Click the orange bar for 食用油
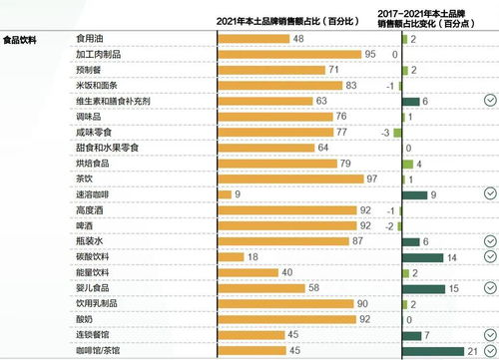coord(252,39)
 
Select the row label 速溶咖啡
coord(94,194)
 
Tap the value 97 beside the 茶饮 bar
coord(372,179)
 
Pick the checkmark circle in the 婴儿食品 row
coord(489,288)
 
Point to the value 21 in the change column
coord(473,350)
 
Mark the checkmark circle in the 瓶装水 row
coord(489,241)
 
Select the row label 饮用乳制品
coord(98,303)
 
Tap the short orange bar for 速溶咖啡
coord(224,194)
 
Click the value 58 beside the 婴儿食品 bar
coord(312,287)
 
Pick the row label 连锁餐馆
coord(94,334)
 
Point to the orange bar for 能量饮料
coord(248,272)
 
